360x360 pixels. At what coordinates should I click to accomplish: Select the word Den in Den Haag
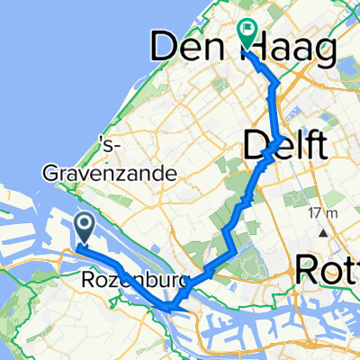[x=186, y=49]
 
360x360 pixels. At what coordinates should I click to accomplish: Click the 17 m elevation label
[x=319, y=213]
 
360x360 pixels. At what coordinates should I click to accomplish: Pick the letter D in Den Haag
[x=164, y=49]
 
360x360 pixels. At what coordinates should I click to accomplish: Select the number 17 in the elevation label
[x=312, y=213]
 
